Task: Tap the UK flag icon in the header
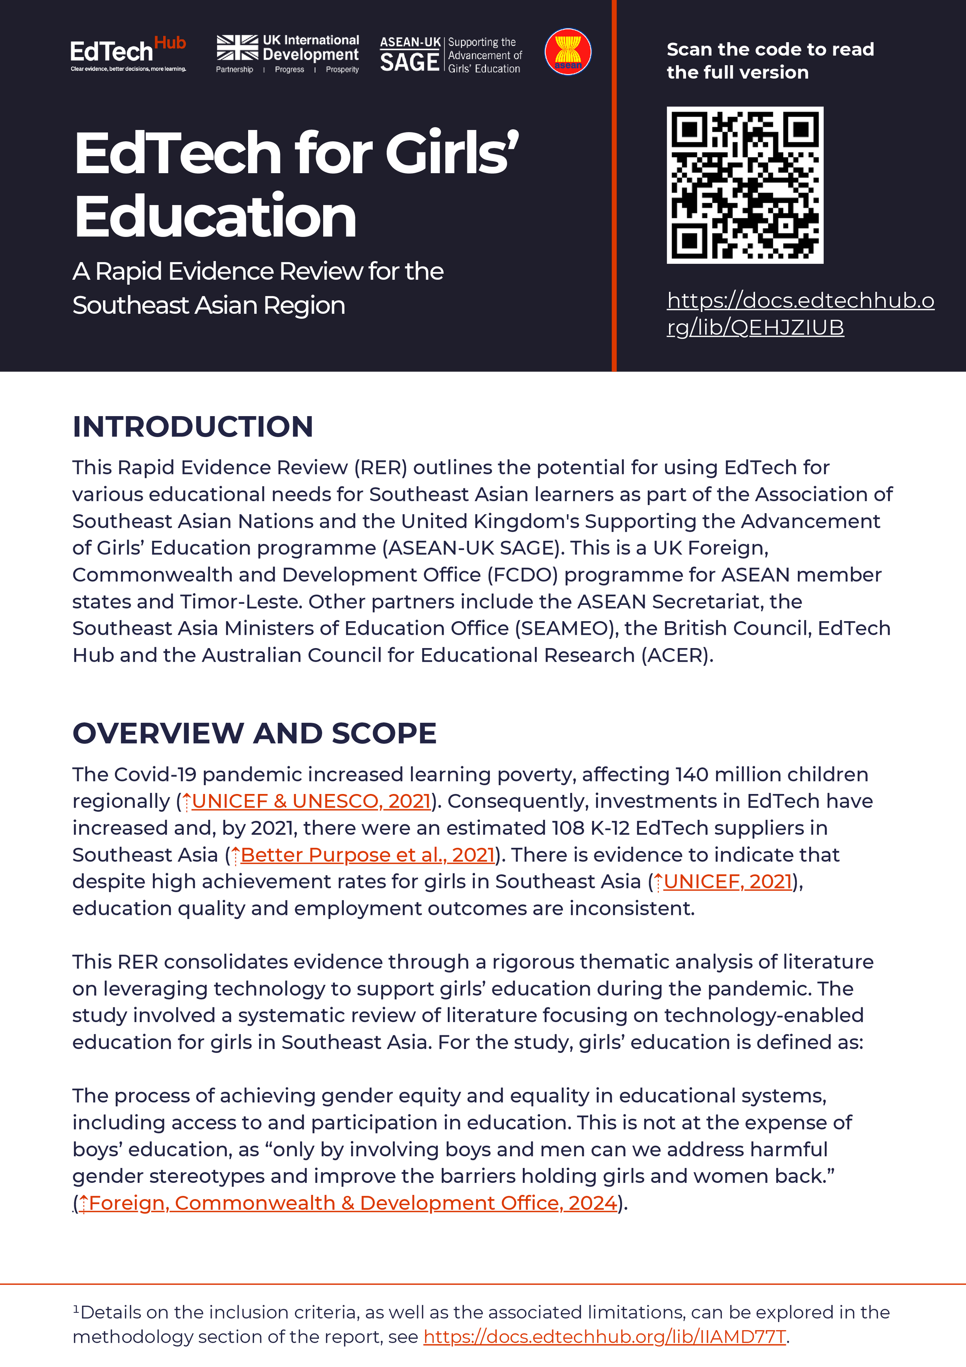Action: click(x=237, y=48)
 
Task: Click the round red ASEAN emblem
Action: click(x=568, y=52)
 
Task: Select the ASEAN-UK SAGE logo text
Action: click(x=410, y=55)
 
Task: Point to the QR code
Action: click(x=745, y=185)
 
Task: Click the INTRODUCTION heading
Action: click(x=193, y=427)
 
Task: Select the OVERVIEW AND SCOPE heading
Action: click(x=255, y=733)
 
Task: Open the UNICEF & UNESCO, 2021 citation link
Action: click(x=311, y=802)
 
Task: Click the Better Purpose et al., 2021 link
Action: click(x=367, y=855)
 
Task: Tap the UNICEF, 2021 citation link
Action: click(x=727, y=882)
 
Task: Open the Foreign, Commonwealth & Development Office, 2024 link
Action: click(x=352, y=1203)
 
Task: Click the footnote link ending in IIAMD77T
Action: click(x=605, y=1337)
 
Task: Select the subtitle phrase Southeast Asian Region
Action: click(x=209, y=305)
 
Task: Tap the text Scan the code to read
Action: click(x=770, y=49)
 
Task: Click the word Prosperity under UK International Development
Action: click(x=342, y=70)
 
